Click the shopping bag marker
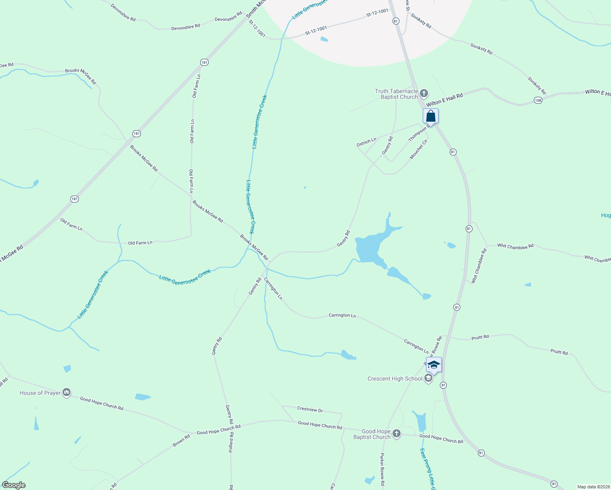(x=430, y=116)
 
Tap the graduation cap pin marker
(x=434, y=365)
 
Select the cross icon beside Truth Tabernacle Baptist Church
(x=424, y=94)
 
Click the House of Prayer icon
(x=67, y=393)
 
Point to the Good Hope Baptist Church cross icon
(x=396, y=434)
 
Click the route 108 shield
(x=538, y=100)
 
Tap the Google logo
(x=14, y=485)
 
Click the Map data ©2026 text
(x=593, y=487)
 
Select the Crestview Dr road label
(x=310, y=409)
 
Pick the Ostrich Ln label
(x=366, y=142)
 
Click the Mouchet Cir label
(x=419, y=149)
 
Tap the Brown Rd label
(x=181, y=441)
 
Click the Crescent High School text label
(x=395, y=379)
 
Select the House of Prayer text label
(x=40, y=393)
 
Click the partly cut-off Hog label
(x=606, y=215)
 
